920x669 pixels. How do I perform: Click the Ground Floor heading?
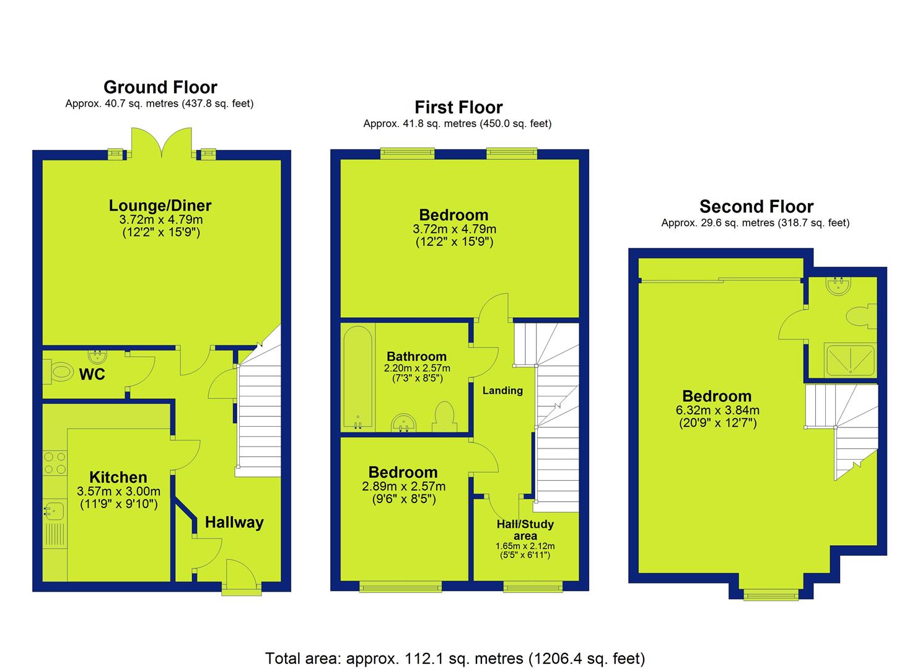(x=160, y=87)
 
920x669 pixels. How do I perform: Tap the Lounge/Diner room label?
(x=160, y=205)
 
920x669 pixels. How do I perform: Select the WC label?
(x=92, y=374)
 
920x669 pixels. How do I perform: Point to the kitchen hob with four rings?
(x=55, y=463)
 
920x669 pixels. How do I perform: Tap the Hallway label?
(x=234, y=522)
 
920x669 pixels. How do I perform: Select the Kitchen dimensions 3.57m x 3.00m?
(x=119, y=491)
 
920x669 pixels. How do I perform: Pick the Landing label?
(x=502, y=390)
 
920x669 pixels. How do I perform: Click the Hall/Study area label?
(x=525, y=530)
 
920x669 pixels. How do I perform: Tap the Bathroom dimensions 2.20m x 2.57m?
(x=417, y=368)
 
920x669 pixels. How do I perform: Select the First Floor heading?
(x=458, y=108)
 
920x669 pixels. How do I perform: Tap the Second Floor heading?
(x=756, y=206)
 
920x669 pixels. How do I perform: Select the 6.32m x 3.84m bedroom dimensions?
(x=717, y=410)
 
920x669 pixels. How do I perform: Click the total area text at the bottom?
(x=455, y=636)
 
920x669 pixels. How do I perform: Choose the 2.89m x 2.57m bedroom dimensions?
(x=403, y=486)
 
